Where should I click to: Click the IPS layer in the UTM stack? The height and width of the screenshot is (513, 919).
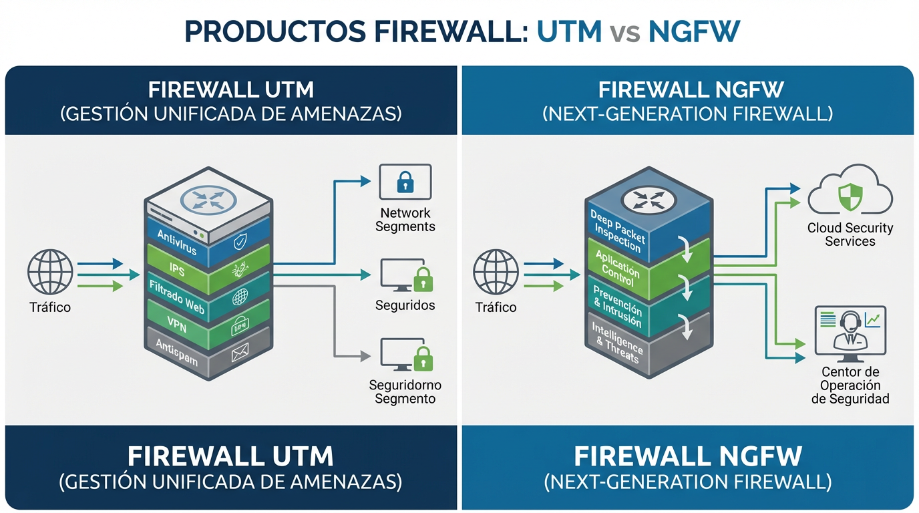click(178, 269)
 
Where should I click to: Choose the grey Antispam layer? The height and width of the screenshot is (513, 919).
click(177, 351)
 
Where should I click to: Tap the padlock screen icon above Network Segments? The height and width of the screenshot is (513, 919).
click(405, 182)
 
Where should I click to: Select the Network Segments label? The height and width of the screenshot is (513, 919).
click(405, 220)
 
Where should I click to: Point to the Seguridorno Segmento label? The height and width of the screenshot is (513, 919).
click(405, 392)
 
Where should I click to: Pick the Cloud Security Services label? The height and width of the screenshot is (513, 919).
click(850, 234)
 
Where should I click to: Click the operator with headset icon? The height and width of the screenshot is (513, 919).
click(850, 330)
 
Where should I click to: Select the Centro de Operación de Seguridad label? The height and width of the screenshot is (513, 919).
click(850, 385)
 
